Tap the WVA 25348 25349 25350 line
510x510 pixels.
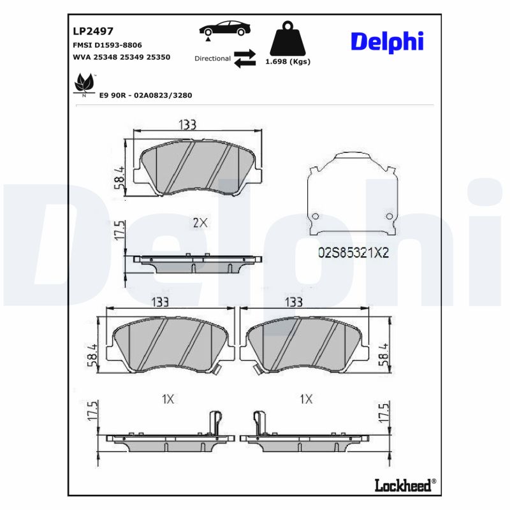point(122,57)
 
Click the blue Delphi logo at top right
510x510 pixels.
point(387,41)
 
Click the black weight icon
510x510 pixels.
point(288,38)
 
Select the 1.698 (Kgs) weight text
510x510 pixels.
point(288,62)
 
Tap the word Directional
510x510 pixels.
point(212,59)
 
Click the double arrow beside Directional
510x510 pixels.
point(245,58)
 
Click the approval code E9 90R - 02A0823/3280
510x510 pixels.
point(145,95)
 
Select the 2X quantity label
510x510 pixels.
point(200,222)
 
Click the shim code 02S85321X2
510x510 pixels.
point(353,252)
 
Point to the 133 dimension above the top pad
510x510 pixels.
point(187,125)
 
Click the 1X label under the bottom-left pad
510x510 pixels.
point(168,399)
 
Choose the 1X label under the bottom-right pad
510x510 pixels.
point(306,399)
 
